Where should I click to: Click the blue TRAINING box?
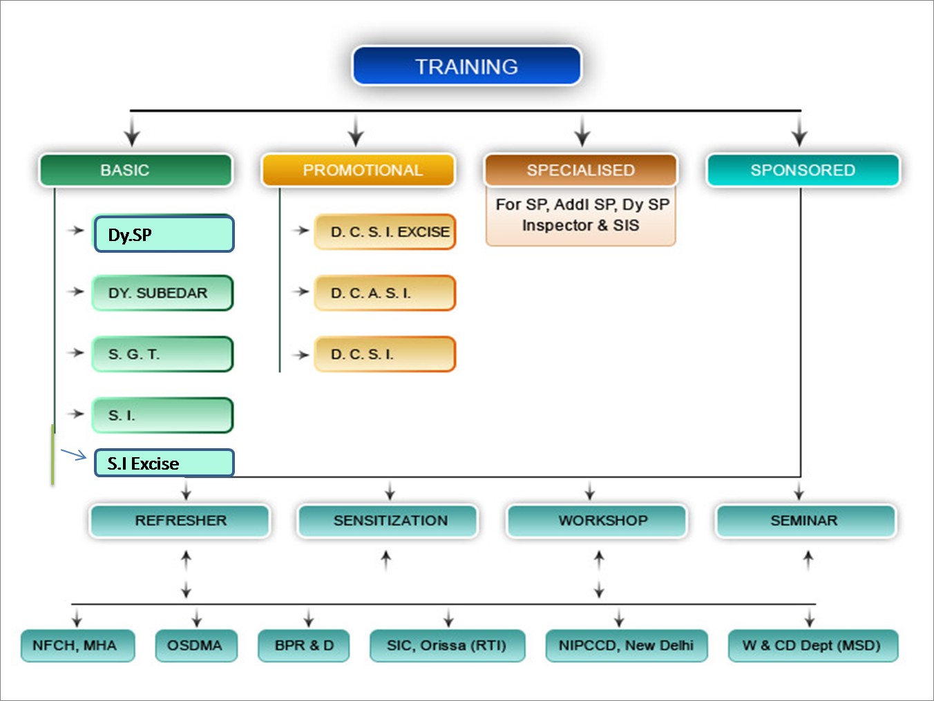pyautogui.click(x=467, y=66)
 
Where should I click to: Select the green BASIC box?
pyautogui.click(x=135, y=170)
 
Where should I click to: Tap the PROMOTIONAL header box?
pyautogui.click(x=359, y=170)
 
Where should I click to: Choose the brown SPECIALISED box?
pyautogui.click(x=581, y=170)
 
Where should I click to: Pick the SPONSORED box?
pyautogui.click(x=803, y=170)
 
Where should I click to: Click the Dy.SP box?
pyautogui.click(x=164, y=234)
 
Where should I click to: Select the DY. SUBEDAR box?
pyautogui.click(x=162, y=293)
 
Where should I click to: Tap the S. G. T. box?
pyautogui.click(x=162, y=354)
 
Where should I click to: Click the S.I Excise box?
pyautogui.click(x=164, y=463)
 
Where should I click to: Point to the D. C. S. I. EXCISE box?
pyautogui.click(x=385, y=232)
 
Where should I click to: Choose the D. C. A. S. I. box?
pyautogui.click(x=385, y=293)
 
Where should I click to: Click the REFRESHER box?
pyautogui.click(x=180, y=521)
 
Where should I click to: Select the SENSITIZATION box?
pyautogui.click(x=388, y=521)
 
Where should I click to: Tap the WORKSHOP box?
pyautogui.click(x=597, y=521)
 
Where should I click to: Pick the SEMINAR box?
pyautogui.click(x=806, y=521)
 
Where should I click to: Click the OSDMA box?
pyautogui.click(x=196, y=646)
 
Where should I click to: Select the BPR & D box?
pyautogui.click(x=304, y=646)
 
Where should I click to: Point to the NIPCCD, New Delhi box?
pyautogui.click(x=627, y=646)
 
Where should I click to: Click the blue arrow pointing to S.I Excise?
pyautogui.click(x=74, y=454)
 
